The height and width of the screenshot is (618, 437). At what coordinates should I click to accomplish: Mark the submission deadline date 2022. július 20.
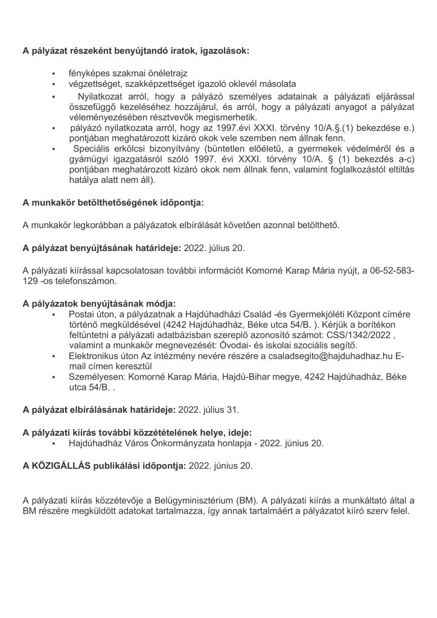(x=211, y=247)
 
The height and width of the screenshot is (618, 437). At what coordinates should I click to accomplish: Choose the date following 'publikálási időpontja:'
(x=221, y=466)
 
